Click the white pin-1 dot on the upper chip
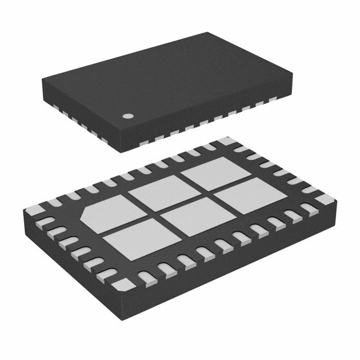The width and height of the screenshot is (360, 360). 129,116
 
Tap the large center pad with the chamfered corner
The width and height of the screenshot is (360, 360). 106,215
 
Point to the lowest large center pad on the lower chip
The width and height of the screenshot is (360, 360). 134,237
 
